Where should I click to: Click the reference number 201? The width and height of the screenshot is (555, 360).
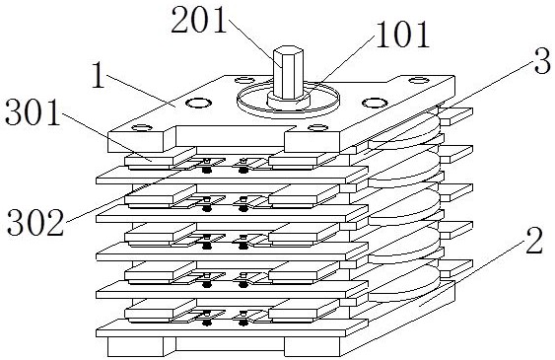[198, 21]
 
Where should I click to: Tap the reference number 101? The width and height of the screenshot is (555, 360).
[402, 35]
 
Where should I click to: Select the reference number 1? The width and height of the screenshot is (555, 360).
[99, 75]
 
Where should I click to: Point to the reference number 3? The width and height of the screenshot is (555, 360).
[542, 61]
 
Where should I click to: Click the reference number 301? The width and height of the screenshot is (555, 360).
[33, 112]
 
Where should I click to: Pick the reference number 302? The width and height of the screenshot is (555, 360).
[35, 222]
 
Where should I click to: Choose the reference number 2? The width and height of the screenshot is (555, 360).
[534, 241]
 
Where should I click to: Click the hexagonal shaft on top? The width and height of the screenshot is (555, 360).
[289, 73]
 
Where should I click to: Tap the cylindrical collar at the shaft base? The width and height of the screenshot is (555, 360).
[289, 102]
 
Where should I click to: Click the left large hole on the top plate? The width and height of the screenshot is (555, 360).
[199, 104]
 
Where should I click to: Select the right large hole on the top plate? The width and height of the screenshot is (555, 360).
[376, 103]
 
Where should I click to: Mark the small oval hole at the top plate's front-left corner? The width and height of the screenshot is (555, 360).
[142, 127]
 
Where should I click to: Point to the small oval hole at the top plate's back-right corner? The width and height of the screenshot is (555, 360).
[419, 80]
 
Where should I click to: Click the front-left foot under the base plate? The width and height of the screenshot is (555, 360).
[135, 346]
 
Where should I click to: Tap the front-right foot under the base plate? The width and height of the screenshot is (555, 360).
[312, 346]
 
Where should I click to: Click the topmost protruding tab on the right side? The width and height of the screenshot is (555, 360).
[455, 116]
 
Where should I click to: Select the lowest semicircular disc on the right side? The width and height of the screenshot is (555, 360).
[404, 284]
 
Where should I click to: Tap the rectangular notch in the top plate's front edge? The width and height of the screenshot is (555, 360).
[230, 135]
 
